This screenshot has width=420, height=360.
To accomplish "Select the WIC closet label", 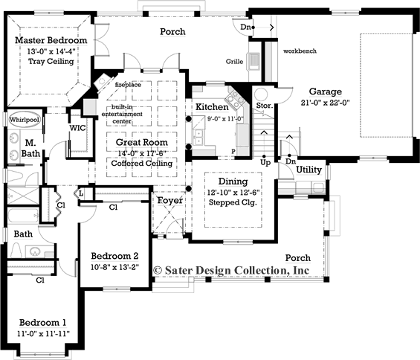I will click(77, 129).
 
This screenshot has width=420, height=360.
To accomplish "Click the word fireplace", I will click(128, 85).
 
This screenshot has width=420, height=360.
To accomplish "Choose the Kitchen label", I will click(212, 107).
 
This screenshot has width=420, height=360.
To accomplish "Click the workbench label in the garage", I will click(300, 51).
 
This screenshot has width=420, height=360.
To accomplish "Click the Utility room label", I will click(308, 170).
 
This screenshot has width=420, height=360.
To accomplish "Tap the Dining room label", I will click(233, 180).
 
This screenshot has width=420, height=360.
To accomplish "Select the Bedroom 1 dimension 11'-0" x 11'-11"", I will click(44, 335).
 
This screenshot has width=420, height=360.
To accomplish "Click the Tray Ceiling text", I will click(51, 62).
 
